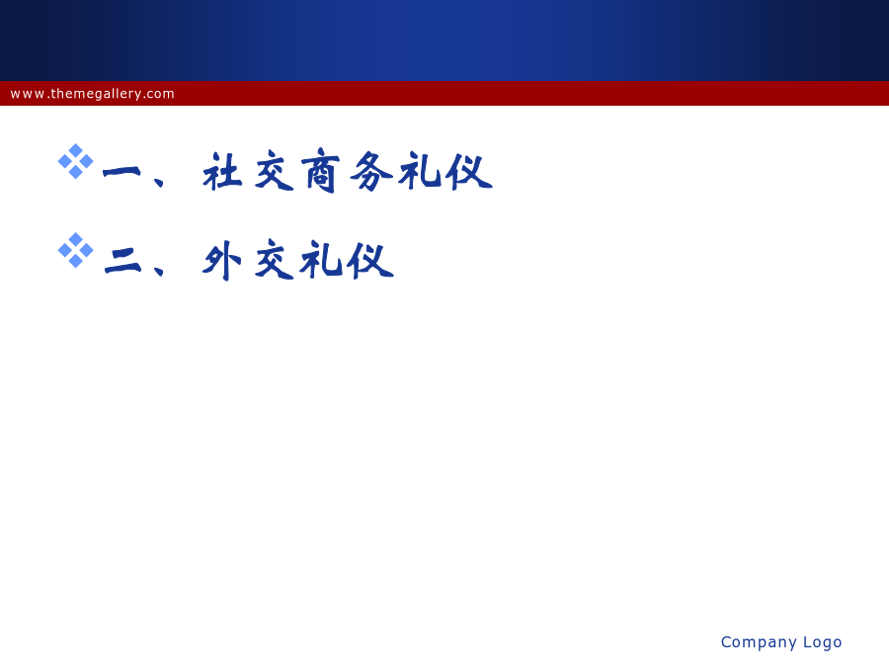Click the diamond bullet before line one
click(75, 162)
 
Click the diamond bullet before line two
click(75, 250)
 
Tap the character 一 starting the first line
click(121, 172)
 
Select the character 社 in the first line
click(223, 171)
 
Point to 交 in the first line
click(275, 171)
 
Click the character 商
click(320, 171)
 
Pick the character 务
click(371, 171)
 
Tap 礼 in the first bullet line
click(420, 171)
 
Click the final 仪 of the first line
click(469, 171)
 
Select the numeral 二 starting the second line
click(123, 261)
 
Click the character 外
click(222, 260)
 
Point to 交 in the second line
click(275, 260)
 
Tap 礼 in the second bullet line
click(321, 260)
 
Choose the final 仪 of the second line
click(370, 260)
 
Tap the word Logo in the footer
click(823, 642)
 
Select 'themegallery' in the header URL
click(96, 94)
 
